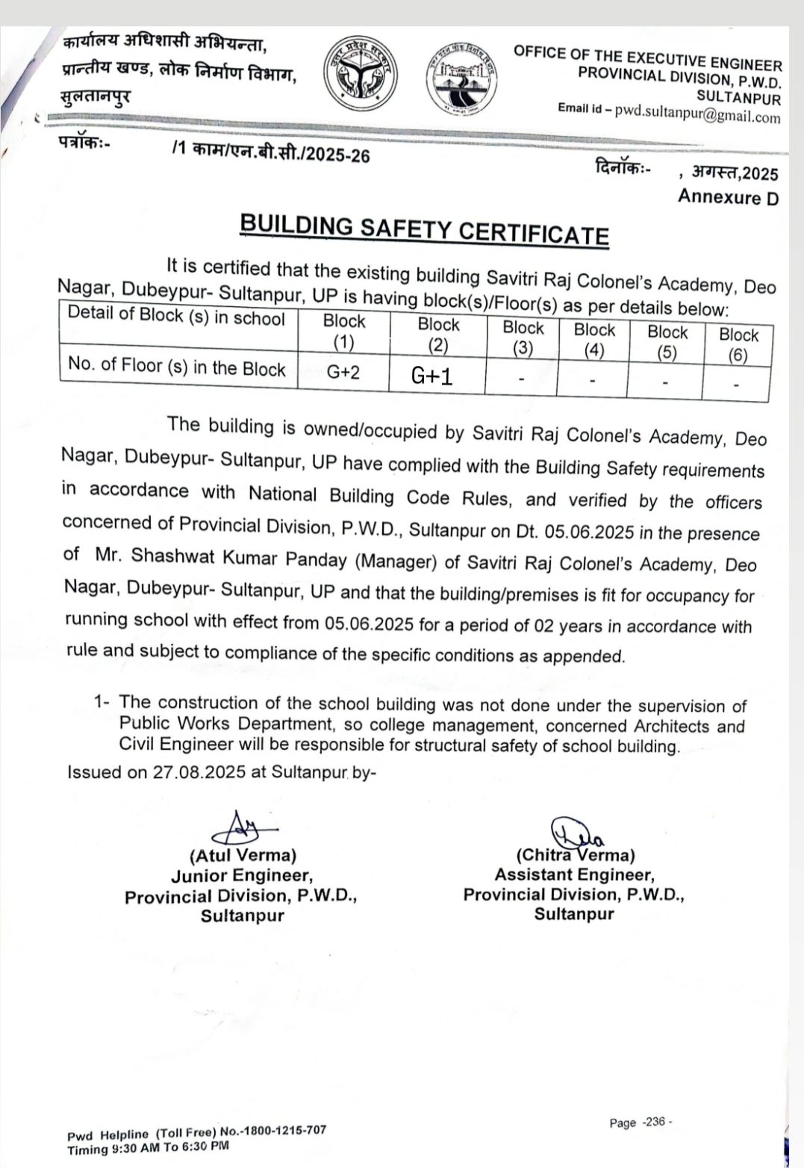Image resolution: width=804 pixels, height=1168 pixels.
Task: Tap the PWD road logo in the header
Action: (464, 80)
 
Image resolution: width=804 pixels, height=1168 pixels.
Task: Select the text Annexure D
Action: (728, 197)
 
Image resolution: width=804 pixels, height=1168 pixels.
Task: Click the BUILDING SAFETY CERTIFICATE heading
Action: (424, 229)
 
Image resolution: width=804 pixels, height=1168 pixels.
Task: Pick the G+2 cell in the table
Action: (343, 371)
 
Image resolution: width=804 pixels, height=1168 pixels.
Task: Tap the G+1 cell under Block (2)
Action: (432, 376)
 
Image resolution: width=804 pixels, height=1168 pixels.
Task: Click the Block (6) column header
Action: (738, 344)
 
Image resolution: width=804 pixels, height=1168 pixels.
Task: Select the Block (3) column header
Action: (523, 338)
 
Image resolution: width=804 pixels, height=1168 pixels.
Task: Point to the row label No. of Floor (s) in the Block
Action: (177, 367)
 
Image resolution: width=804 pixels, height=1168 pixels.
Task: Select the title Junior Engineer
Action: (241, 875)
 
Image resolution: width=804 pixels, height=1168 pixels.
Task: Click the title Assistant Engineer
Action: (574, 875)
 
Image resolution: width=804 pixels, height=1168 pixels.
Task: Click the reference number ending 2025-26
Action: (271, 152)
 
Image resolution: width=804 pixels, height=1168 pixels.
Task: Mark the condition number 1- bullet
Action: (102, 702)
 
